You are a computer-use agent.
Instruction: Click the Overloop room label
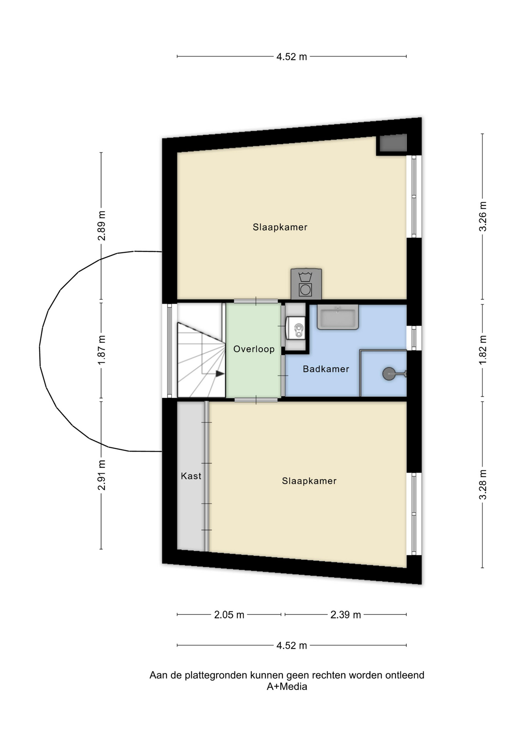[x=254, y=349]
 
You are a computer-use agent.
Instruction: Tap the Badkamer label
[x=326, y=369]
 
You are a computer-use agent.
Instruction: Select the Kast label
[x=191, y=476]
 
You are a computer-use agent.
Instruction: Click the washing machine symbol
[x=306, y=284]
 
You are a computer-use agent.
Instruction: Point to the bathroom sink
[x=337, y=317]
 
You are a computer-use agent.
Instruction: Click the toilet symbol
[x=296, y=328]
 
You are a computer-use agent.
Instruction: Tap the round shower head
[x=389, y=374]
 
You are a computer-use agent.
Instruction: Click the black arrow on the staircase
[x=220, y=374]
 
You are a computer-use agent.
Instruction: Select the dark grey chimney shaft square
[x=393, y=143]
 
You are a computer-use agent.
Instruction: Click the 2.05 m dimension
[x=229, y=615]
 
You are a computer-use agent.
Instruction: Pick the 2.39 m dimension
[x=346, y=615]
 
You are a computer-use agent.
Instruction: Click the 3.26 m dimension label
[x=483, y=217]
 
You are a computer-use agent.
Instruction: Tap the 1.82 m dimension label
[x=483, y=350]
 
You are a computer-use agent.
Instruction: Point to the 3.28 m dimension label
[x=483, y=484]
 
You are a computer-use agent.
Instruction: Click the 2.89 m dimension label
[x=102, y=226]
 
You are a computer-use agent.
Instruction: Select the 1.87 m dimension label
[x=102, y=350]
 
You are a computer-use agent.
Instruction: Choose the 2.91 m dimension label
[x=102, y=475]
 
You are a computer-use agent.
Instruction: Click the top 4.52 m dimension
[x=291, y=57]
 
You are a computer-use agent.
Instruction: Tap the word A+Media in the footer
[x=287, y=687]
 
